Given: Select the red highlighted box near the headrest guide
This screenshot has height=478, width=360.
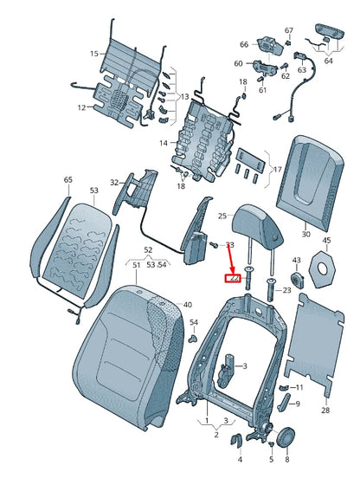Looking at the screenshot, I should [232, 279].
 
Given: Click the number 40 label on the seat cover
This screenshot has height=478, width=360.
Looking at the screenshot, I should [188, 306].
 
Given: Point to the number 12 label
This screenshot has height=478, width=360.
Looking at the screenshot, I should [80, 108].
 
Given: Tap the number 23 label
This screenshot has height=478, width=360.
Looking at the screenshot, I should [286, 291].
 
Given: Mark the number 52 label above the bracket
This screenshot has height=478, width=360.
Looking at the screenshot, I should [148, 249].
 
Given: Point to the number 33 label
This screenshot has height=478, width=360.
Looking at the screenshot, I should [229, 246].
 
